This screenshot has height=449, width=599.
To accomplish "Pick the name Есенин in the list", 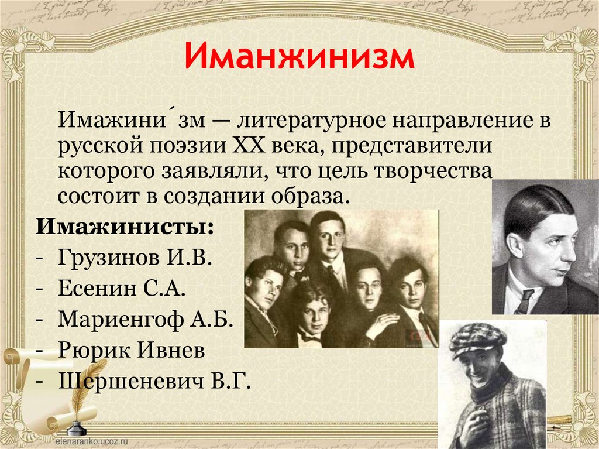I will point(95,289).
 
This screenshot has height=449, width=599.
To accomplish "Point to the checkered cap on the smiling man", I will point(476,339).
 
